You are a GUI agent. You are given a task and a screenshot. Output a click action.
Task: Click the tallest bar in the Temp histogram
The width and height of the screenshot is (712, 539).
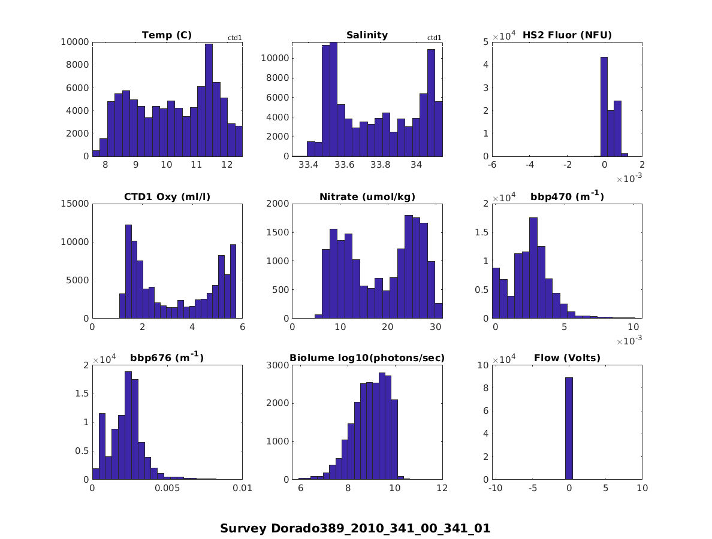coord(209,100)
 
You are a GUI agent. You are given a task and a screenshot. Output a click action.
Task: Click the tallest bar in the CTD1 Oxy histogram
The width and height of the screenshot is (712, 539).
coord(128,271)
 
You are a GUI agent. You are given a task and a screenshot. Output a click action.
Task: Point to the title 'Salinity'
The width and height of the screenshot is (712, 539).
coord(367,35)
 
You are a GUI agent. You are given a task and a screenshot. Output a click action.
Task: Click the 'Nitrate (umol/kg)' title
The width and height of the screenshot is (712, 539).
coord(367,196)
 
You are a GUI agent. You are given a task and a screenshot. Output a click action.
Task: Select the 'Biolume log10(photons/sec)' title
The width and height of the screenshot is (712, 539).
coord(367,358)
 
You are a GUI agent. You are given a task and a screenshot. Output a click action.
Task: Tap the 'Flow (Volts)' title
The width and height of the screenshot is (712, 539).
coord(567,358)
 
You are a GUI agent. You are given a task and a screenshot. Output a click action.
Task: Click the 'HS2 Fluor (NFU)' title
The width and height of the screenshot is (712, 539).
coord(567,35)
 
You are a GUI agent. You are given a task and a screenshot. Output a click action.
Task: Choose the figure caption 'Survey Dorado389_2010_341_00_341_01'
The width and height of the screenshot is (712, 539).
coord(355,528)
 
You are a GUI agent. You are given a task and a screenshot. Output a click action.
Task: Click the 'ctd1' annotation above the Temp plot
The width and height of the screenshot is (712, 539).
coord(234,38)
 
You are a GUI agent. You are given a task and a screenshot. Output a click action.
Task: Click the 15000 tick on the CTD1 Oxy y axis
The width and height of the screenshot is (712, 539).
coord(76,204)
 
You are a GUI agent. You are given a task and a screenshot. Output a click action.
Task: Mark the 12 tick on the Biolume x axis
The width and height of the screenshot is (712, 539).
coord(442,488)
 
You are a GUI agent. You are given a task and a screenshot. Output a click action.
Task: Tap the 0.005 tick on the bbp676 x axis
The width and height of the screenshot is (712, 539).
coord(167,488)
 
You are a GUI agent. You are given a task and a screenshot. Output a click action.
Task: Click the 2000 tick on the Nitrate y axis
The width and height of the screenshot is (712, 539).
coord(277,204)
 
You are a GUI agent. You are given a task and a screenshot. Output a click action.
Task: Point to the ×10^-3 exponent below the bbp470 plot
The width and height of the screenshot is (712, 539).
coord(626,341)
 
